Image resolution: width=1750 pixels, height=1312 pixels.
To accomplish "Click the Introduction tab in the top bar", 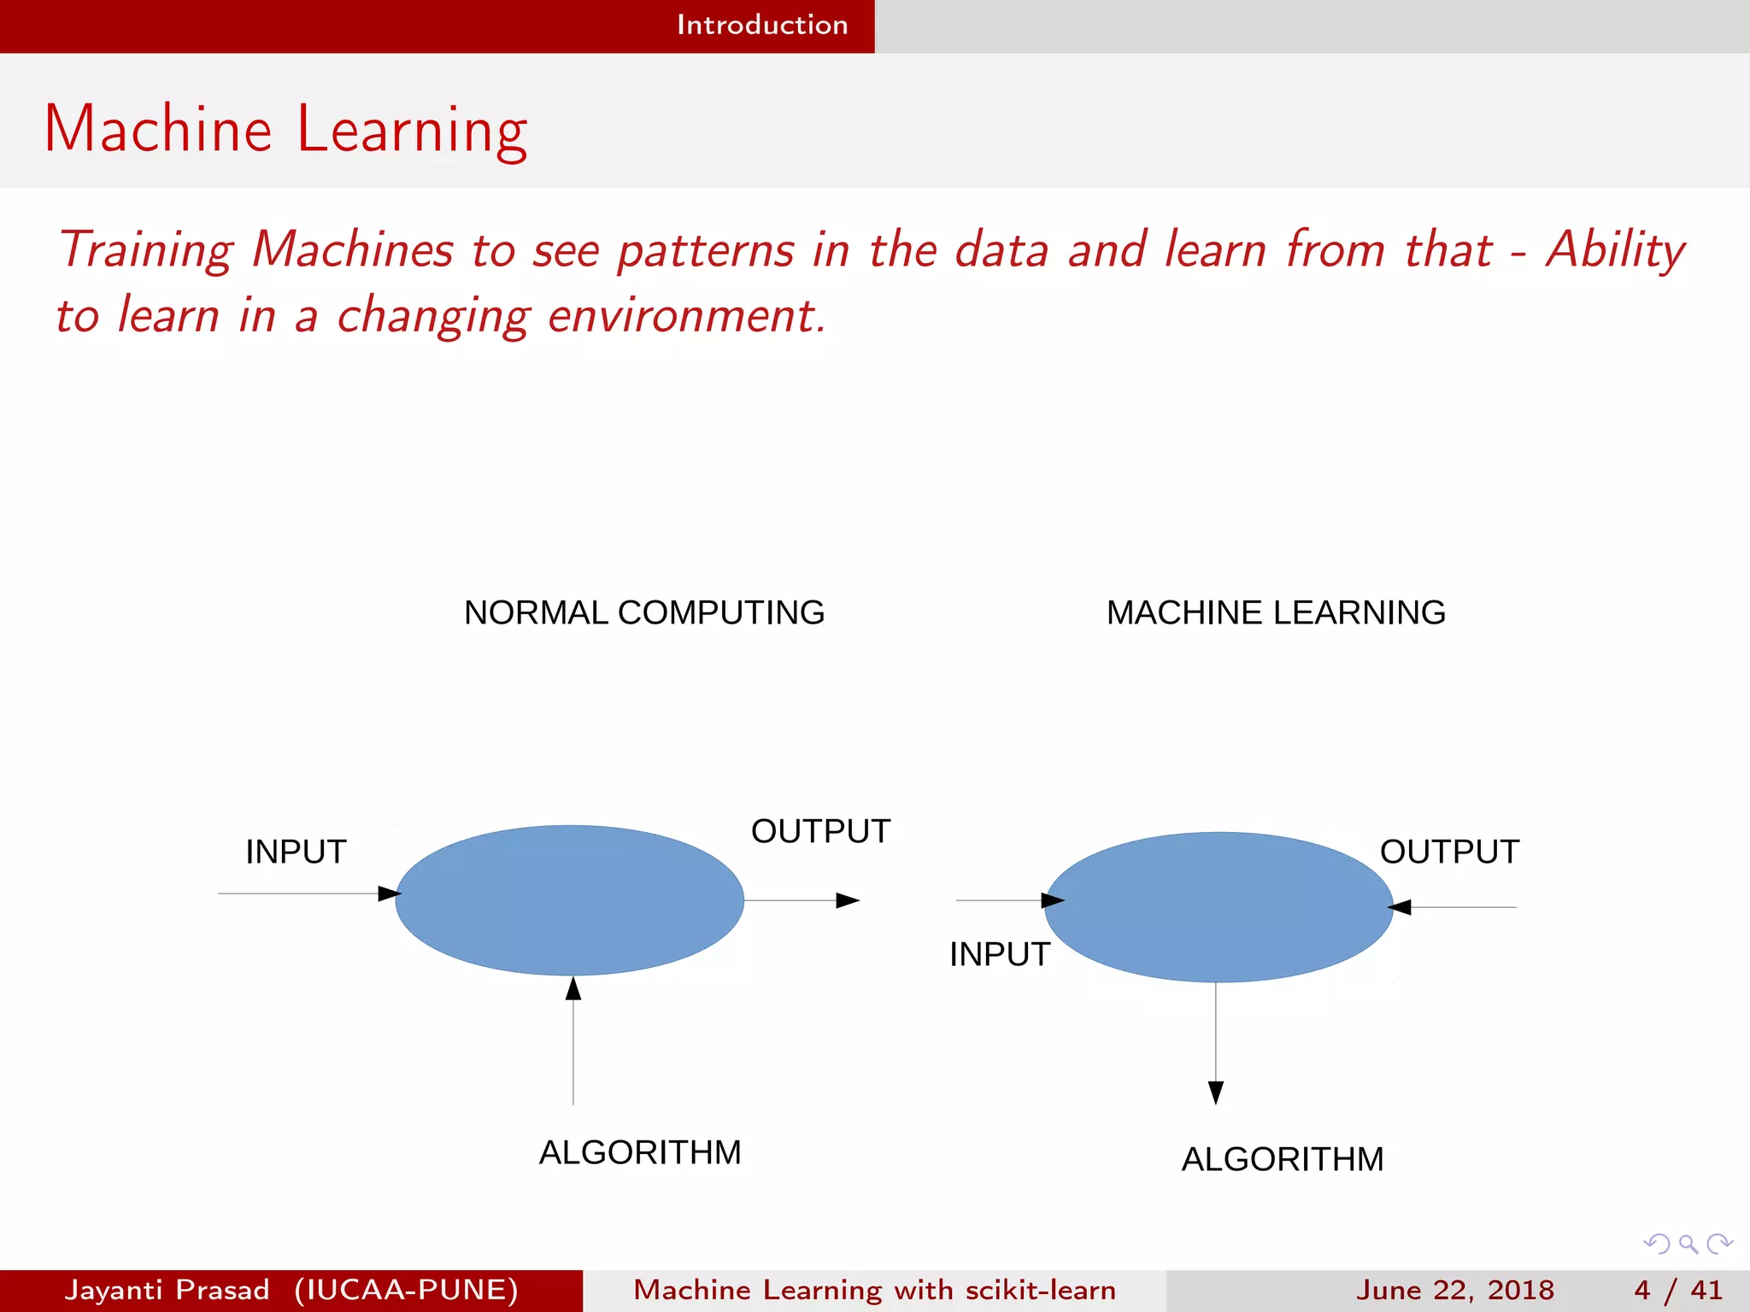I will (x=761, y=25).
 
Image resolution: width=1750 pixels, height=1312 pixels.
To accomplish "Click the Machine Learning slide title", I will (x=285, y=130).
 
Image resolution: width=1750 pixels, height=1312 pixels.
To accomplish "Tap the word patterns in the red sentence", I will (x=706, y=250).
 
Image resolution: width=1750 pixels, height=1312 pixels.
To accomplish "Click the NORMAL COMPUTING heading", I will (x=643, y=612).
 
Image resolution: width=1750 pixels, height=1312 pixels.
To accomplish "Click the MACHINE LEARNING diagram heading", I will (x=1275, y=612).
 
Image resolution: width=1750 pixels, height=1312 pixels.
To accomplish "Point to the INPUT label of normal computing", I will (x=296, y=852).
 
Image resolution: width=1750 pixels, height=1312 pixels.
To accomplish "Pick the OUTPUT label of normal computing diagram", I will (x=819, y=831).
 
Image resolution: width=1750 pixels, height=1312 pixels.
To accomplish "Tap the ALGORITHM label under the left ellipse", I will (x=639, y=1152).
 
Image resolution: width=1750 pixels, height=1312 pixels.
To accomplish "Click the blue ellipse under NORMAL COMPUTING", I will (x=569, y=899).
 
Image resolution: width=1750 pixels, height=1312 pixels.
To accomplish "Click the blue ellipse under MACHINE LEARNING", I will (x=1219, y=906).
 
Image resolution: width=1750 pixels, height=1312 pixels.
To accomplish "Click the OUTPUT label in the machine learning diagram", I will (x=1449, y=852).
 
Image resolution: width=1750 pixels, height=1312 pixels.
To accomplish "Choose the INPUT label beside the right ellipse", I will (x=999, y=954).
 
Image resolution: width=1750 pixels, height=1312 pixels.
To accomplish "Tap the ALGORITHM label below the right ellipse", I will (x=1282, y=1159).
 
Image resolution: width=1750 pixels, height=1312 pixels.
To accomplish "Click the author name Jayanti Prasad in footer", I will (x=167, y=1290).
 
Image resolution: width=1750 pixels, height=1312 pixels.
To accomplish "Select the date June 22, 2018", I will (x=1454, y=1290).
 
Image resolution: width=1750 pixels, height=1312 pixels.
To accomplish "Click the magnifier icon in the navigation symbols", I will (x=1688, y=1244).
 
